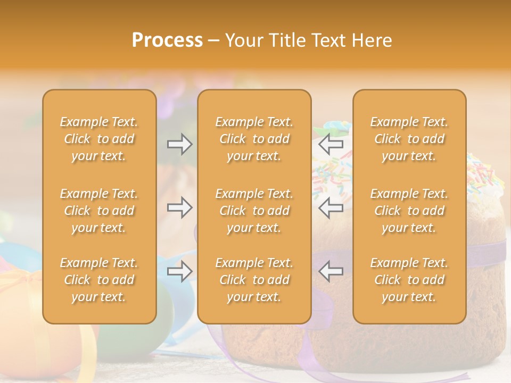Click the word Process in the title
167,40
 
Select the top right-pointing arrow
180,144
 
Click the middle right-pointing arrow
180,207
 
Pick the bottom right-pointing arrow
180,271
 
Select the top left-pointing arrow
331,144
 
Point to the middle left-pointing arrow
331,207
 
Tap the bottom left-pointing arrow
331,271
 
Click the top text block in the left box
99,139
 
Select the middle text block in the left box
99,211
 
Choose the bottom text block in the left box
99,280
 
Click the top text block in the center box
254,139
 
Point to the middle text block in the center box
254,211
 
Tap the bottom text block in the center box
254,280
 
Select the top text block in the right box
409,139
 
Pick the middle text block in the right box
409,211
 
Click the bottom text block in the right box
409,280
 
